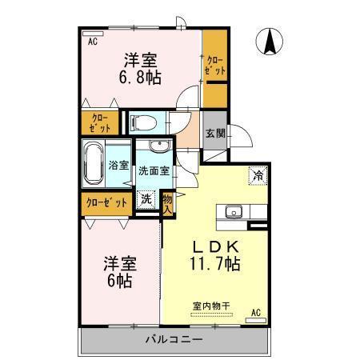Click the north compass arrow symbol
click(269, 41)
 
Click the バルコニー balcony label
click(173, 338)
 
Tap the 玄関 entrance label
click(214, 134)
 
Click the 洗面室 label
click(153, 170)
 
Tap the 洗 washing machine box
click(147, 199)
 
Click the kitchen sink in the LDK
click(234, 212)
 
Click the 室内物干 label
click(210, 305)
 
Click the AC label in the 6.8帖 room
click(92, 42)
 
